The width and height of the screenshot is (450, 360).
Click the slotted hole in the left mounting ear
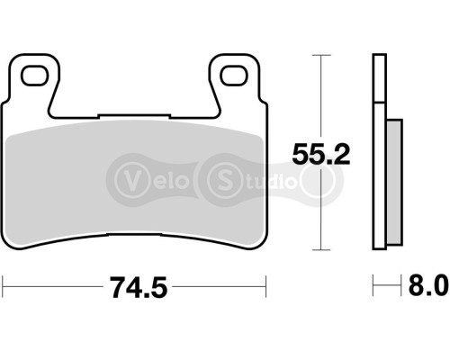pyautogui.click(x=36, y=75)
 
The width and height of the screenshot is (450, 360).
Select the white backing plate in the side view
pyautogui.click(x=379, y=153)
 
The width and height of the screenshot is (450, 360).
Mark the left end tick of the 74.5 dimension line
pyautogui.click(x=4, y=288)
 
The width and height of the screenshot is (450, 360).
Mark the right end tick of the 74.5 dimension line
pyautogui.click(x=267, y=288)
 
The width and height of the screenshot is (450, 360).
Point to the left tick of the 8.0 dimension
pyautogui.click(x=373, y=288)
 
